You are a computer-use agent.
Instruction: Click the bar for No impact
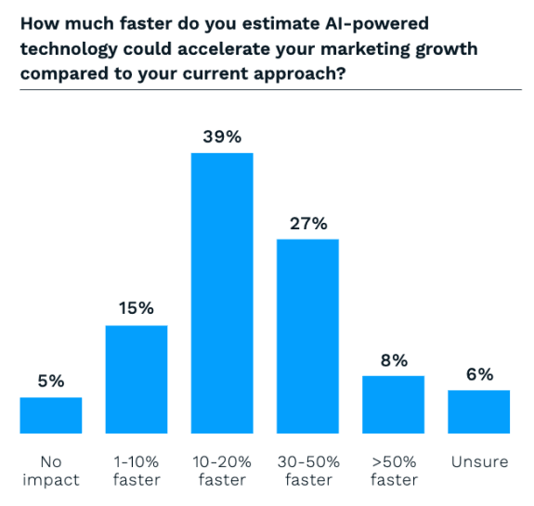(x=50, y=415)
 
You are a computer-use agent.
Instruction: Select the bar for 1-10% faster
(x=136, y=379)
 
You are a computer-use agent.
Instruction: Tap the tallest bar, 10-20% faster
(x=222, y=292)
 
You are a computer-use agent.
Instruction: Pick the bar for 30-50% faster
(x=307, y=336)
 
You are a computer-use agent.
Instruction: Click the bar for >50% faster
(x=393, y=404)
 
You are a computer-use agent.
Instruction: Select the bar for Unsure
(x=478, y=411)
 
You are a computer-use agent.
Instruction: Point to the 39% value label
(x=222, y=136)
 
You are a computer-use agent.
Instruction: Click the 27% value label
(x=307, y=224)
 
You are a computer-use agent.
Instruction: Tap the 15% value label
(x=136, y=309)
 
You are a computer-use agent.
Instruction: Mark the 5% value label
(x=51, y=381)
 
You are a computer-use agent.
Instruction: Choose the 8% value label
(x=394, y=360)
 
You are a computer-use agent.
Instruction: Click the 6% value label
(x=479, y=374)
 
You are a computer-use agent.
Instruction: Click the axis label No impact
(x=50, y=470)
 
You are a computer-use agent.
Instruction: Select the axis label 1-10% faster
(x=136, y=470)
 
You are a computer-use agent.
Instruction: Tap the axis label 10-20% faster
(x=222, y=470)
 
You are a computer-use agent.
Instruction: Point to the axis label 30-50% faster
(x=307, y=470)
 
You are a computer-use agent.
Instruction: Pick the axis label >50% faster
(x=393, y=470)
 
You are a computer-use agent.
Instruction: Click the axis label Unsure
(x=478, y=461)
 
